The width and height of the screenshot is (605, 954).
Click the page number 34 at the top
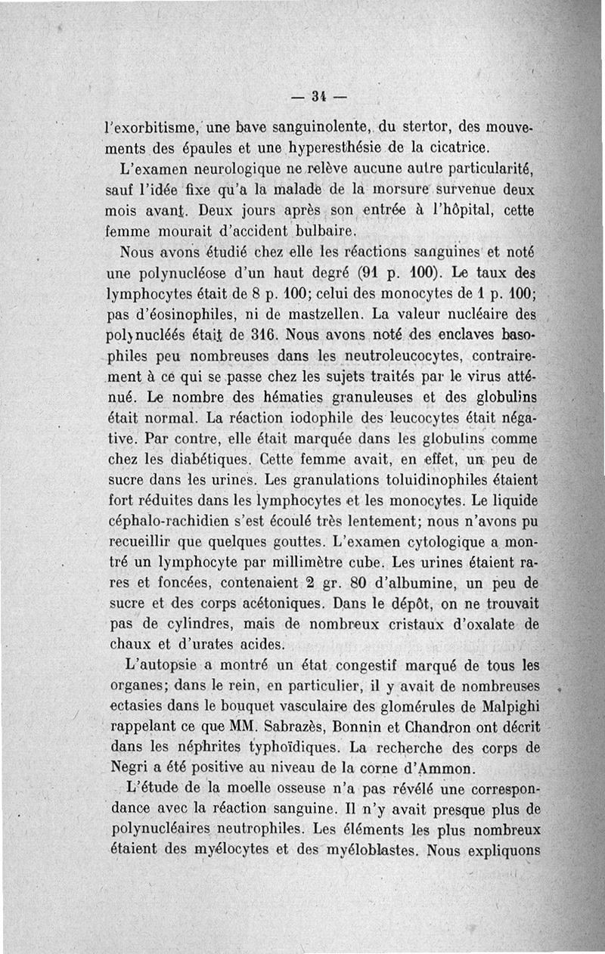(x=318, y=95)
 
